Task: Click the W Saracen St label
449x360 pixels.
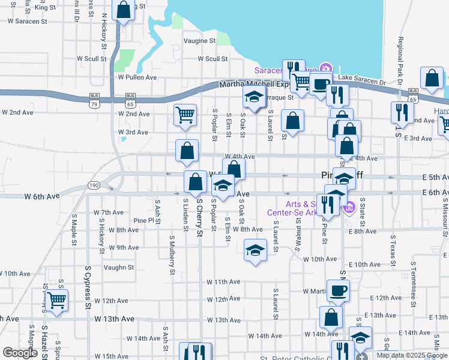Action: pos(27,21)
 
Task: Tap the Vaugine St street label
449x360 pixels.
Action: pos(200,41)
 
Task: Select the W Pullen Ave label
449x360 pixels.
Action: pos(137,77)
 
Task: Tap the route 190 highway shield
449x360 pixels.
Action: pos(94,185)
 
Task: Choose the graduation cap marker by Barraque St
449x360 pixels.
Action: pos(254,96)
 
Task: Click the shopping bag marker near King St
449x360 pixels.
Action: pos(124,10)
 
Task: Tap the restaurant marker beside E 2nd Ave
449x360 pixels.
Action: pos(401,112)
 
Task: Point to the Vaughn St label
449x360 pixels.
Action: pos(118,268)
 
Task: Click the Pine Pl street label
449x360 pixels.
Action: pos(144,221)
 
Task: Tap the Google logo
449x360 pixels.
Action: pos(20,353)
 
